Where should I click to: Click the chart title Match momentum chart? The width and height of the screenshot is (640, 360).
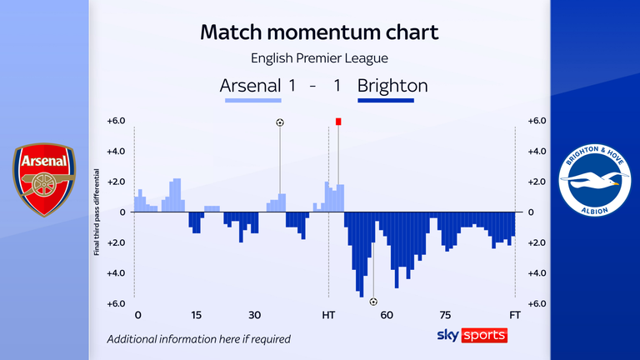320,33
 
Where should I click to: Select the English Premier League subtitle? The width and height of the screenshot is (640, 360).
320,58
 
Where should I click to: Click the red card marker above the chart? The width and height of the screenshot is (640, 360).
338,122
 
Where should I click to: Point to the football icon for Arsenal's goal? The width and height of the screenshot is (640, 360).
280,122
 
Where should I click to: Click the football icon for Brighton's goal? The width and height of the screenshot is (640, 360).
373,302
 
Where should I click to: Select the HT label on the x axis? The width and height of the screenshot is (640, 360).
328,316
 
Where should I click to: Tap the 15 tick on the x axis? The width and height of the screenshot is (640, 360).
196,316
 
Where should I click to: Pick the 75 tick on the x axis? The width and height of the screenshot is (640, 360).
446,316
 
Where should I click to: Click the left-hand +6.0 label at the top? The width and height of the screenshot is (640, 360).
116,121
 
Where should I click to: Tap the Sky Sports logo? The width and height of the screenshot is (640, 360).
472,335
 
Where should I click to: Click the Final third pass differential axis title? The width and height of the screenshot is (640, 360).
97,212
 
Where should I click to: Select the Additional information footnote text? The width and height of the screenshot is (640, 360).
198,339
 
